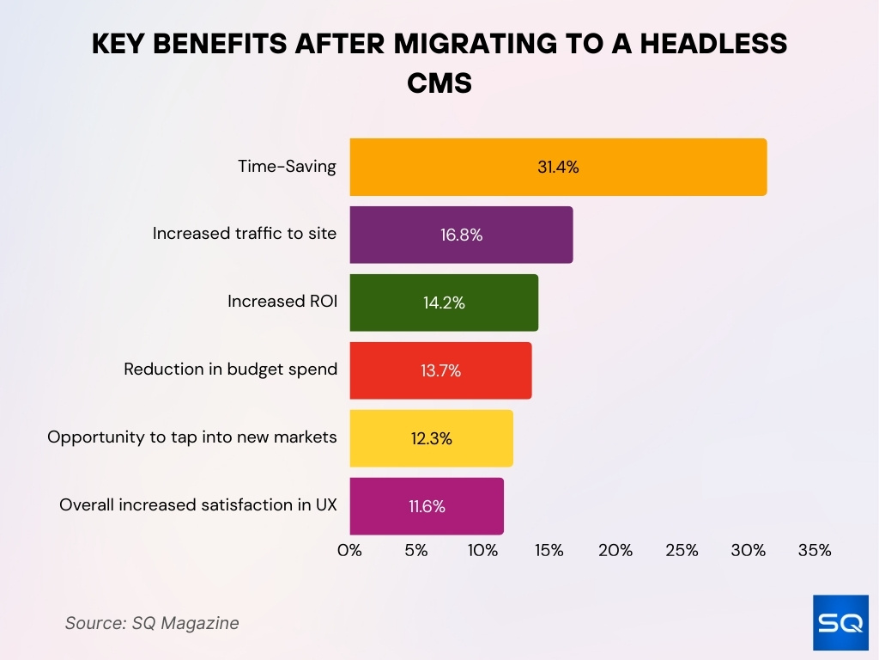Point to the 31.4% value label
pyautogui.click(x=558, y=167)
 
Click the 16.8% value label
pyautogui.click(x=461, y=235)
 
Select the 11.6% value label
pyautogui.click(x=427, y=506)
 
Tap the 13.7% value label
pyautogui.click(x=440, y=370)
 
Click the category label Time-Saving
pyautogui.click(x=287, y=167)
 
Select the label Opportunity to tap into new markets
pyautogui.click(x=192, y=437)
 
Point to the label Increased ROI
pyautogui.click(x=282, y=302)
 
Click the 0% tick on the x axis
pyautogui.click(x=349, y=551)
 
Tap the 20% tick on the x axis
pyautogui.click(x=615, y=551)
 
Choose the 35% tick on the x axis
pyautogui.click(x=814, y=551)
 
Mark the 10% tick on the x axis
pyautogui.click(x=482, y=551)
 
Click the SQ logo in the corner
pyautogui.click(x=840, y=622)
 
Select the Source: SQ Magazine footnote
pyautogui.click(x=152, y=623)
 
